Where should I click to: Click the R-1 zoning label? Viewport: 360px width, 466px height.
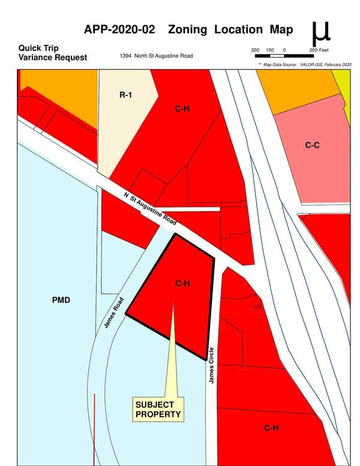[x=125, y=95]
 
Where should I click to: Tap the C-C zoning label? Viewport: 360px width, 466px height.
[x=311, y=145]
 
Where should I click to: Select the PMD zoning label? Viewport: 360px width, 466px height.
[x=62, y=299]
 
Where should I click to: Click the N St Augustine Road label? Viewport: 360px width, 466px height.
[x=150, y=209]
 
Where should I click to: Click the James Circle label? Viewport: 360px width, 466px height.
[x=211, y=366]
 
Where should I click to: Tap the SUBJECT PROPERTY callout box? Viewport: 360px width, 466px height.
[x=158, y=409]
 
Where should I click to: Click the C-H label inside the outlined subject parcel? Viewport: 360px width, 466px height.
[x=182, y=283]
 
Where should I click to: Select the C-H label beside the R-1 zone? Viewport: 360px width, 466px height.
[x=182, y=109]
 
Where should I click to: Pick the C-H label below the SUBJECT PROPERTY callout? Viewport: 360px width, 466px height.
[x=271, y=428]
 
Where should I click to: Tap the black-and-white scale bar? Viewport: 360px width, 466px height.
[x=284, y=56]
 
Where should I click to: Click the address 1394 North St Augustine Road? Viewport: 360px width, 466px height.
[x=157, y=56]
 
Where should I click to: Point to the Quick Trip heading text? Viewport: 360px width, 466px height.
[x=38, y=47]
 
